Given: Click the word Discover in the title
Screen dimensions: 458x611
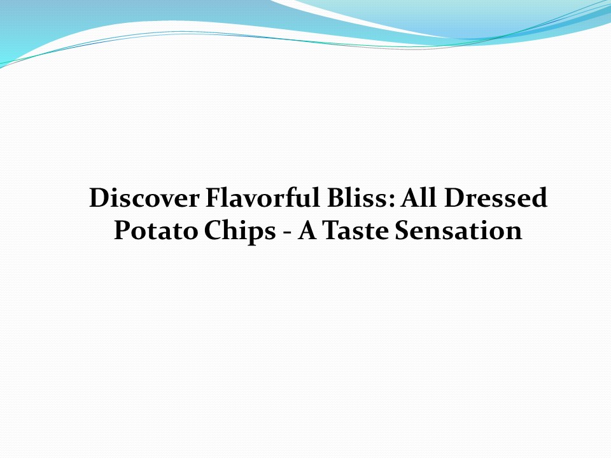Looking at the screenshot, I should coord(144,198).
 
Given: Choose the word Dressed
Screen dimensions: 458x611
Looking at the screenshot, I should coord(496,198).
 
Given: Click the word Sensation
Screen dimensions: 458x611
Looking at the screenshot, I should coord(458,230).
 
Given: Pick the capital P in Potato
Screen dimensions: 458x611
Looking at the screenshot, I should coord(122,230).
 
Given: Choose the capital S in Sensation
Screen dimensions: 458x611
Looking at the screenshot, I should coord(402,230).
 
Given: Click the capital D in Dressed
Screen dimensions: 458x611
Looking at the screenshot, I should coord(455,198).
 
